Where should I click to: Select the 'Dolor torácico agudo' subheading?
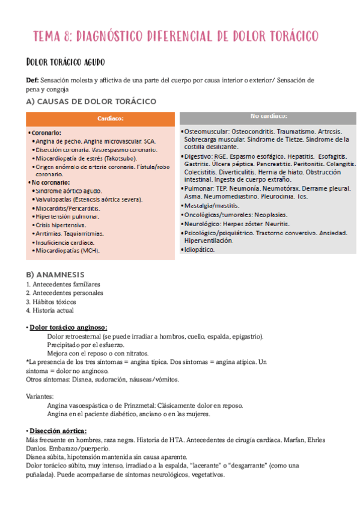pyautogui.click(x=66, y=61)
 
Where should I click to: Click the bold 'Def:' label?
pyautogui.click(x=33, y=80)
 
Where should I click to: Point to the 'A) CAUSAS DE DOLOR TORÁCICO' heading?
pyautogui.click(x=91, y=101)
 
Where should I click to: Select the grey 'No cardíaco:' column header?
pyautogui.click(x=268, y=115)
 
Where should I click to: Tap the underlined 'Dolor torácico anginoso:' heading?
pyautogui.click(x=68, y=327)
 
